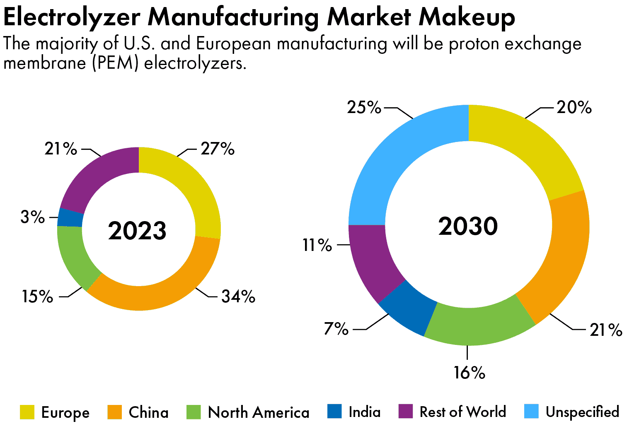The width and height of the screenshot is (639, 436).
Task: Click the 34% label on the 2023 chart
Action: tap(238, 296)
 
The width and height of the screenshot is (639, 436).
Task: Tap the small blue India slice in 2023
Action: tap(70, 217)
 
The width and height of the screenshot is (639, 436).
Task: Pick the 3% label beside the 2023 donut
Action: tap(33, 217)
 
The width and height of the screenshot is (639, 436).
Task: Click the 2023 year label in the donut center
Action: tap(137, 231)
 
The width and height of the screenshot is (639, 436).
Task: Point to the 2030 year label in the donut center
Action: tap(468, 226)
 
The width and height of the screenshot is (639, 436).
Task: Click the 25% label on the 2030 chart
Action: tap(364, 108)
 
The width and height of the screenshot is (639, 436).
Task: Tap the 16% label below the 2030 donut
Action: tap(469, 373)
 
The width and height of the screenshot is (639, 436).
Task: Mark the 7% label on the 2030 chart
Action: tap(336, 329)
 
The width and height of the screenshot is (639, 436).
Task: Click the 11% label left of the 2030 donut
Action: tap(317, 245)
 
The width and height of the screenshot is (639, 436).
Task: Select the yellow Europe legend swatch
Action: tap(27, 412)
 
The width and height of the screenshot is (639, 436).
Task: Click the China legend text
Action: tap(148, 412)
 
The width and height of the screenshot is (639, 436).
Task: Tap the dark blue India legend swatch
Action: tap(334, 412)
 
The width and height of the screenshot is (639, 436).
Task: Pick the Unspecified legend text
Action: tap(582, 412)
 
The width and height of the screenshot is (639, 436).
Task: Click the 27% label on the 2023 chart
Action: tap(218, 149)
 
